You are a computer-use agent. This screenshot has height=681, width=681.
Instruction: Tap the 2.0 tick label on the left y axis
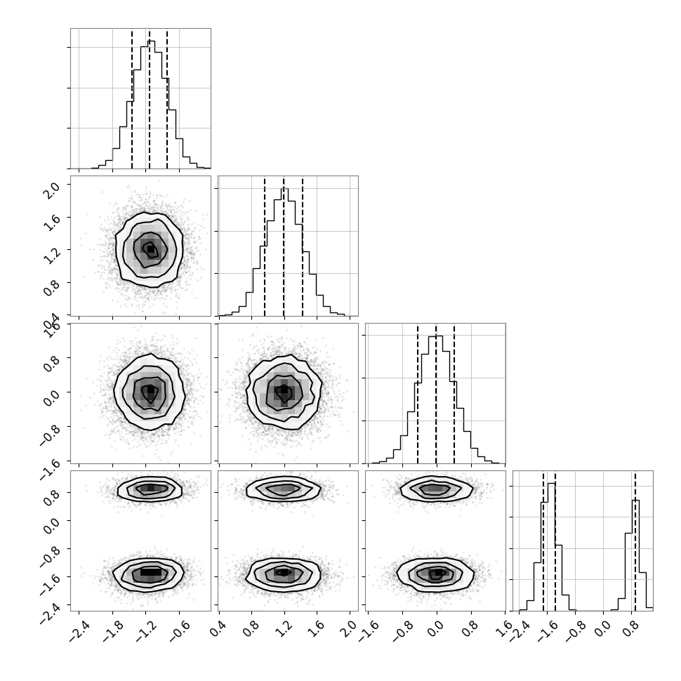click(x=52, y=190)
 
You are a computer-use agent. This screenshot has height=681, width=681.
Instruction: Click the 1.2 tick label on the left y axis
click(x=52, y=256)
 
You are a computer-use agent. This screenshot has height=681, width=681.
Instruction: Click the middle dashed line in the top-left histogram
click(x=150, y=99)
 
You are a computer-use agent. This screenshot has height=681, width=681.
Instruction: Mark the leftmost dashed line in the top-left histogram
click(x=132, y=99)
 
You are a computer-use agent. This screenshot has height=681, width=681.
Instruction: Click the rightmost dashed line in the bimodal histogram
click(x=635, y=541)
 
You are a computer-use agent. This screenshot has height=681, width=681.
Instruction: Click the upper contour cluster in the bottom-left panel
click(x=150, y=489)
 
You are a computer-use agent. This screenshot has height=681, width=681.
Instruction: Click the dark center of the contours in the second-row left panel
click(x=150, y=249)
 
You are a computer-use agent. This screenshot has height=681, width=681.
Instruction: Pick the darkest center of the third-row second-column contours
click(x=284, y=390)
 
